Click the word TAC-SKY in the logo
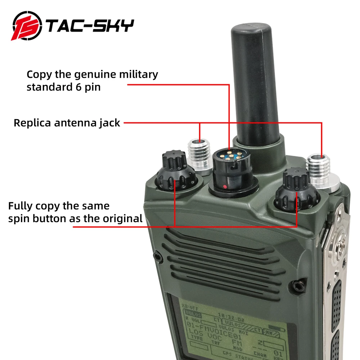coord(90,26)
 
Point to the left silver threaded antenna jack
coord(199,154)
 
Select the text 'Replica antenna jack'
coord(67,122)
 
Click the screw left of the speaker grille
coord(157,256)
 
